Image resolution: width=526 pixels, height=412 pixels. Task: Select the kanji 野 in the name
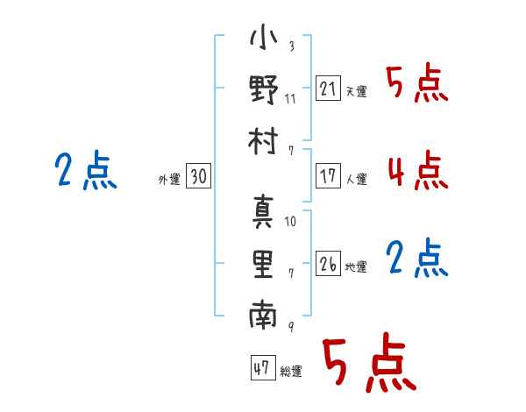(x=263, y=91)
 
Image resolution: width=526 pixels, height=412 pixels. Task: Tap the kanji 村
(x=263, y=140)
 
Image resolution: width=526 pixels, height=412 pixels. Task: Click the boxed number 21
(x=328, y=88)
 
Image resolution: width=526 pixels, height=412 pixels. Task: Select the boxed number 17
(x=328, y=175)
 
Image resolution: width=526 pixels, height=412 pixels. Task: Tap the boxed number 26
(x=328, y=263)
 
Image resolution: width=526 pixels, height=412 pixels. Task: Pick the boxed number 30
(x=198, y=176)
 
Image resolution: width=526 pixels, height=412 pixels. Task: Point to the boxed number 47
(x=261, y=368)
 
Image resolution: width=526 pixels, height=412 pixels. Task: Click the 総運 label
(x=290, y=372)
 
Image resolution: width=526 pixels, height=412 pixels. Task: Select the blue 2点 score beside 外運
(x=83, y=170)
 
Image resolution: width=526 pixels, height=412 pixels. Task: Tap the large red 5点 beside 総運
(x=368, y=363)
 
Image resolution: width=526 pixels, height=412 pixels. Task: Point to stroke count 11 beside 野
(x=290, y=98)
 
